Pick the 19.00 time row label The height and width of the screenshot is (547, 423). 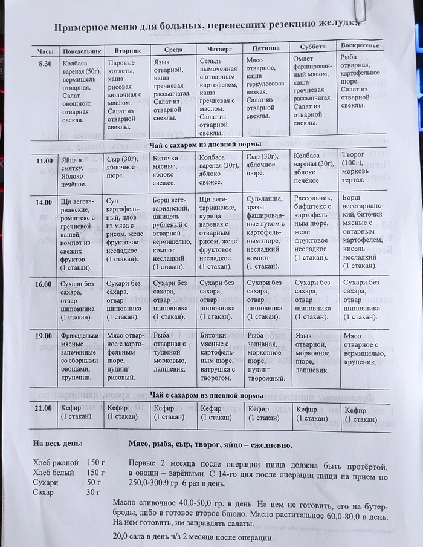pyautogui.click(x=44, y=335)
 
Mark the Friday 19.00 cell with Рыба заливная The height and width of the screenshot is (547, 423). pyautogui.click(x=266, y=357)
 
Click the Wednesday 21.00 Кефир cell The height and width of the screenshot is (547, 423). pyautogui.click(x=171, y=413)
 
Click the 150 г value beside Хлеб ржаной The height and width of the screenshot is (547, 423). pyautogui.click(x=96, y=463)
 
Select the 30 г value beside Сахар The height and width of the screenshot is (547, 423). pyautogui.click(x=94, y=493)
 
